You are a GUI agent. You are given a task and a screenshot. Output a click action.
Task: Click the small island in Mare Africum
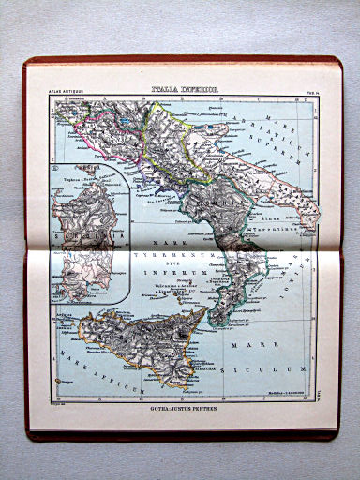coord(66,382)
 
